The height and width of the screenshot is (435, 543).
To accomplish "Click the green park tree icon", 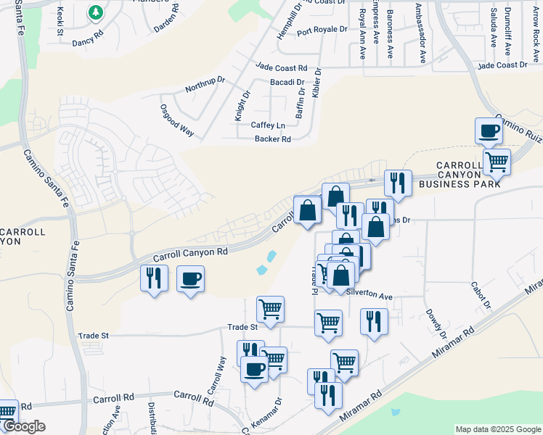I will point(95,12).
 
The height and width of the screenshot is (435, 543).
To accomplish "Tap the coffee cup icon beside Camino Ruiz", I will point(489,131).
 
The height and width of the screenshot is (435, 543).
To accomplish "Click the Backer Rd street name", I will point(272,139).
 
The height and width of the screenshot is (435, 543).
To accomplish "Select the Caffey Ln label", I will point(268,125).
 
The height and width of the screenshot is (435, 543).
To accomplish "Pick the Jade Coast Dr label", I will point(502,65).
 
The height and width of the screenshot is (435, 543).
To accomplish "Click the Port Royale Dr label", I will point(322,30).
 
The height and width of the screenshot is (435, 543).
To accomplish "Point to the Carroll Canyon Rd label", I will point(191,252).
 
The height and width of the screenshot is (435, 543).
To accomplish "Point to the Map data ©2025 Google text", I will point(497,429).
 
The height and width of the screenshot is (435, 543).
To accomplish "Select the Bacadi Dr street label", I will point(287,82).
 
